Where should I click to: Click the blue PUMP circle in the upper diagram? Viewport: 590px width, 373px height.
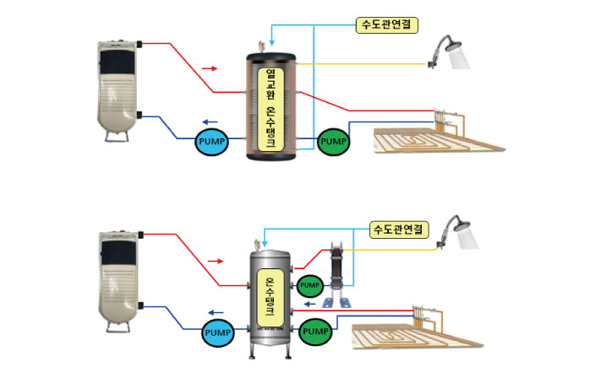[x=210, y=141]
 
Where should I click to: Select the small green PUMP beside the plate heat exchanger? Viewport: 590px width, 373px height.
[x=310, y=284]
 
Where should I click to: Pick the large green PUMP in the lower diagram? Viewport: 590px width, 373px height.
[x=315, y=332]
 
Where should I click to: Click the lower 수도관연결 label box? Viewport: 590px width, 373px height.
[x=402, y=228]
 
